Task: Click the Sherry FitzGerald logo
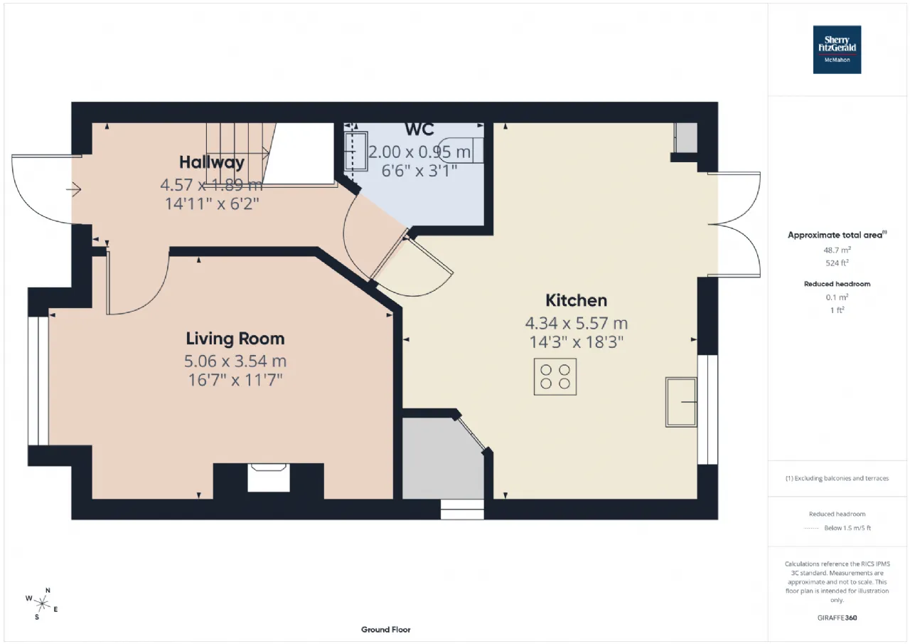pos(837,50)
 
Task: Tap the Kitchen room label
pos(576,300)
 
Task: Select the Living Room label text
pos(235,339)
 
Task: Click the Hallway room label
pos(212,162)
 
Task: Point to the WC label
pos(419,130)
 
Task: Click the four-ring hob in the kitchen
pos(555,376)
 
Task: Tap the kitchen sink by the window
pos(681,402)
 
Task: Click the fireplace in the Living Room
pos(269,477)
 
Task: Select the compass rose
pos(42,603)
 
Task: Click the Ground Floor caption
pos(385,630)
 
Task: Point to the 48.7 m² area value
pos(837,250)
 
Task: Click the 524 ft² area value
pos(837,263)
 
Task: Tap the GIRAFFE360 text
pos(837,618)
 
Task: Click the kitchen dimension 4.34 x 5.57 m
pos(576,323)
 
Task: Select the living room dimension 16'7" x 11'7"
pos(235,380)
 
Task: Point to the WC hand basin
pos(356,152)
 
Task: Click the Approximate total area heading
pos(837,235)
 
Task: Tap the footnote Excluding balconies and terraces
pos(837,478)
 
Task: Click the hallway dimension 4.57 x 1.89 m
pos(212,185)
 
